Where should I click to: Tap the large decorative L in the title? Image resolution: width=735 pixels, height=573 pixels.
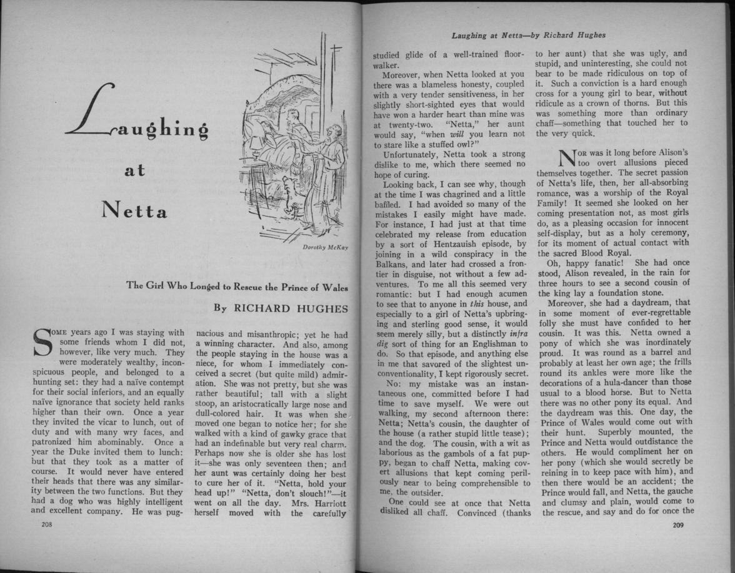(x=94, y=111)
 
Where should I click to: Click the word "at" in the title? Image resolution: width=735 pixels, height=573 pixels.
(x=134, y=170)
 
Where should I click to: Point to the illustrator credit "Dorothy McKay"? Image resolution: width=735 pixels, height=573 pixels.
(x=325, y=248)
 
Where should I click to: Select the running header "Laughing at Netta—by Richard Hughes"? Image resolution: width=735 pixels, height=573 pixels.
(x=527, y=35)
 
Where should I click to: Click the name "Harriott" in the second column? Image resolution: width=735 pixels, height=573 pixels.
(x=326, y=502)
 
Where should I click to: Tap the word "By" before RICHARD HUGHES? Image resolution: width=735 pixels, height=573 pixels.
(x=221, y=308)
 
